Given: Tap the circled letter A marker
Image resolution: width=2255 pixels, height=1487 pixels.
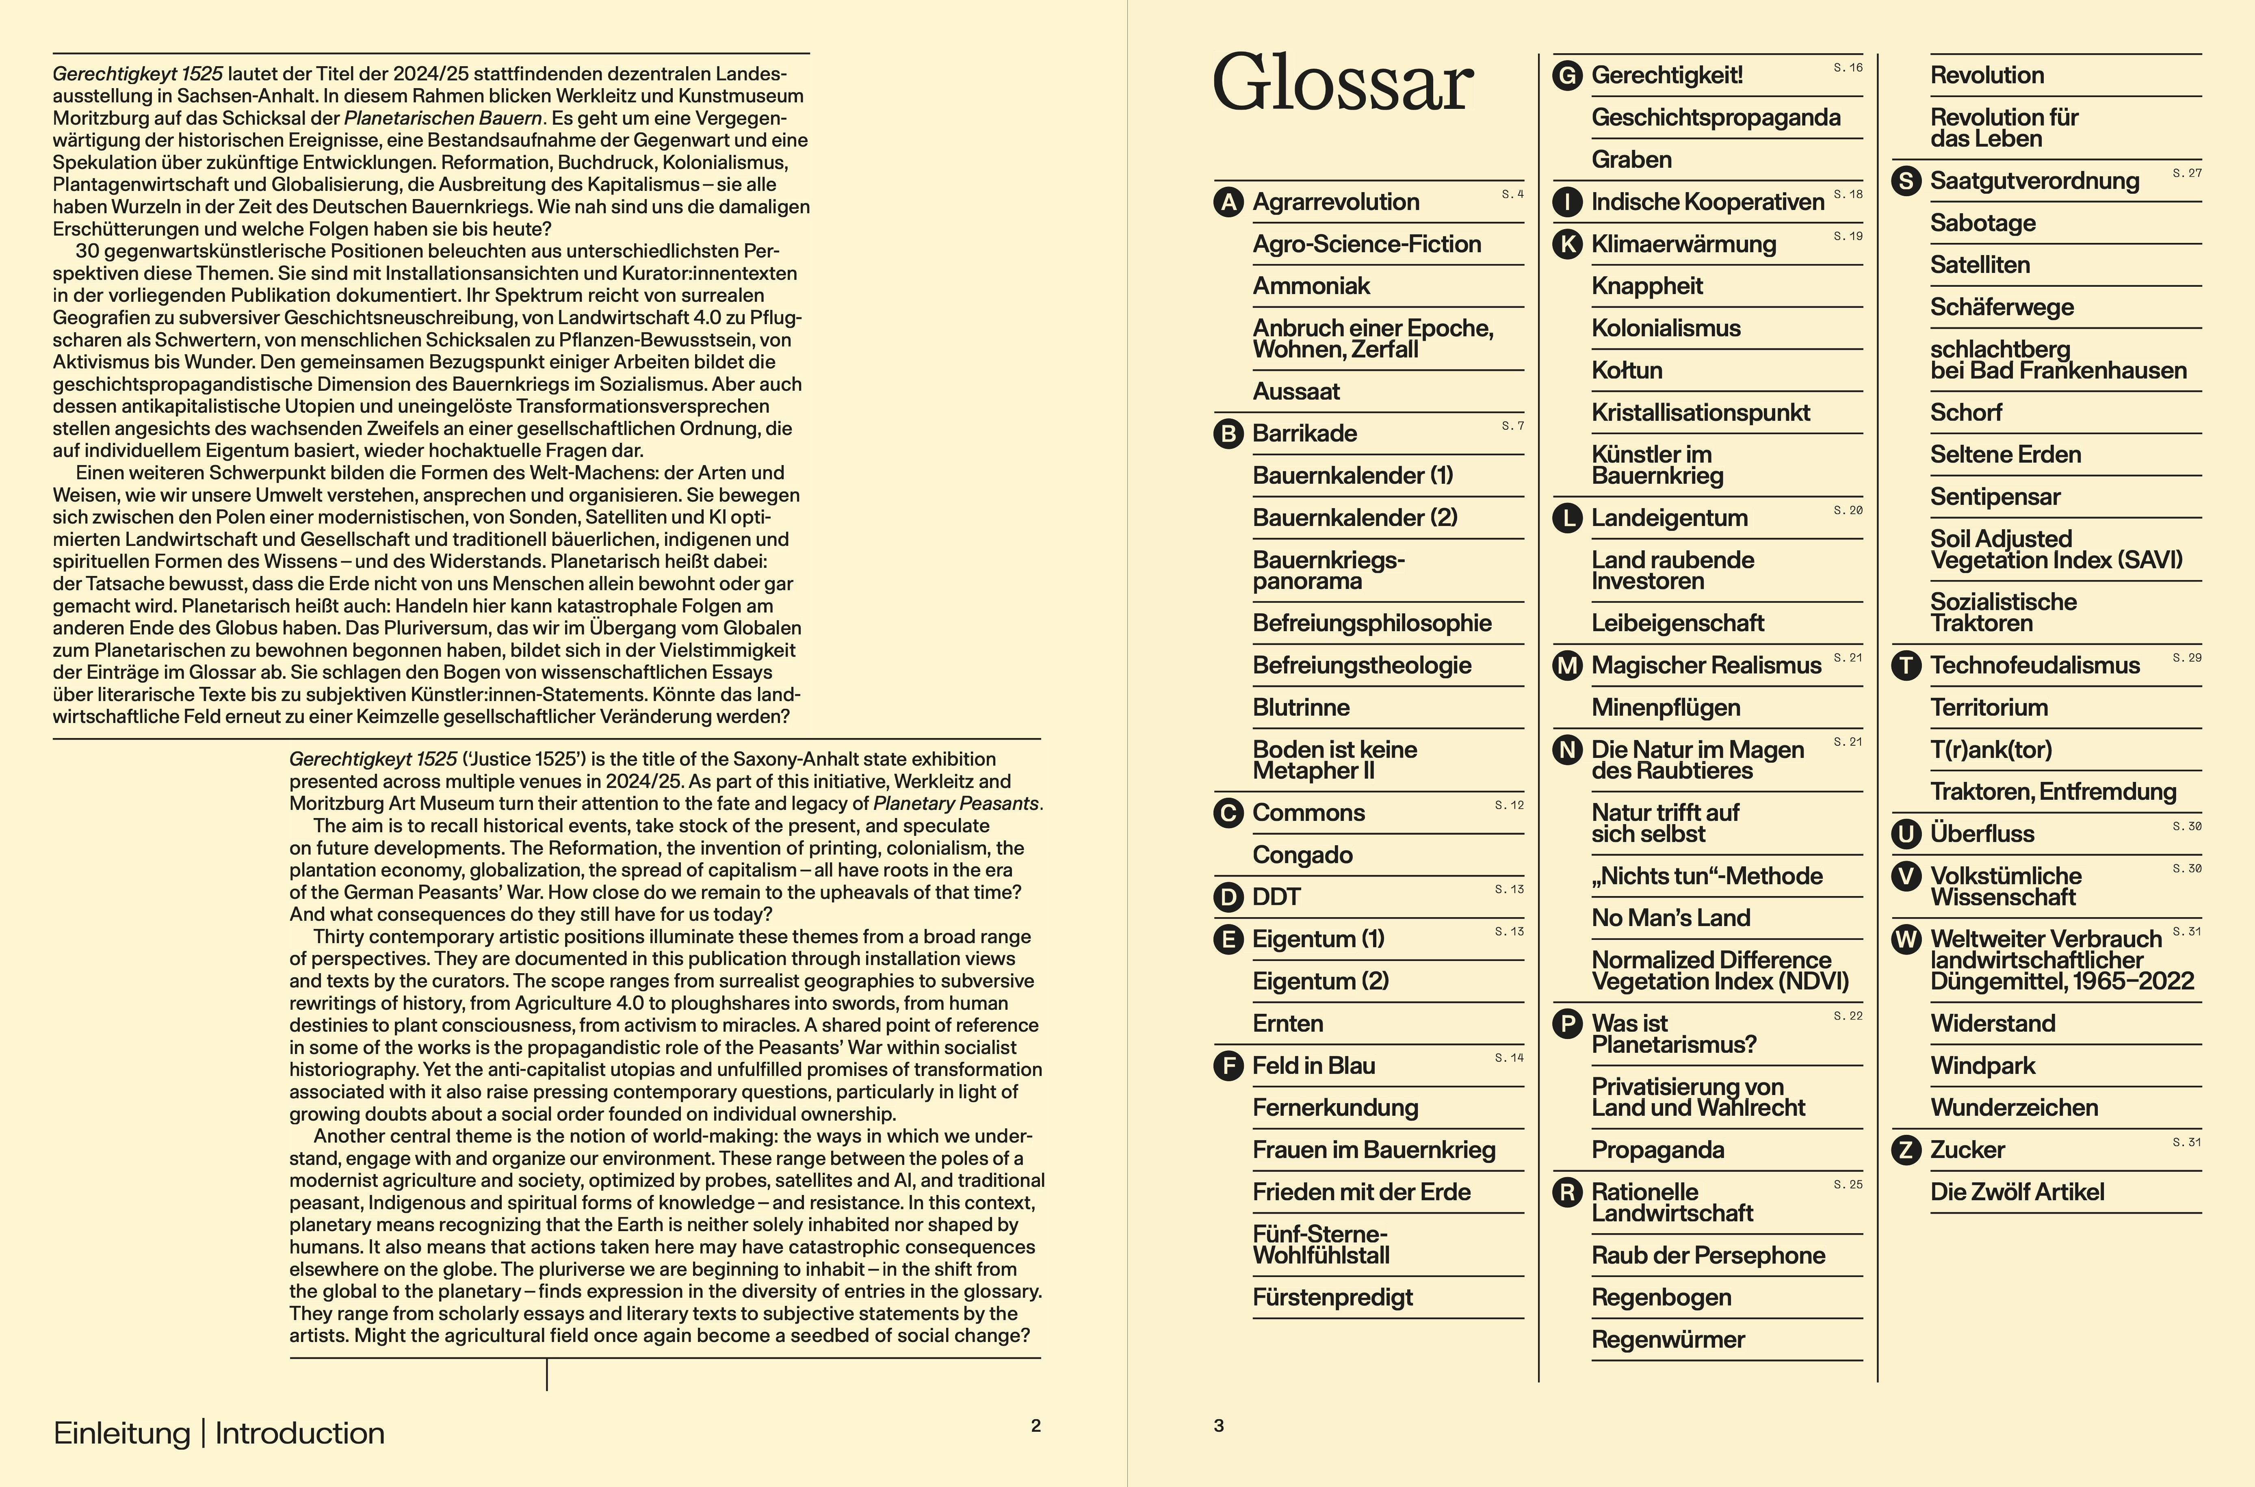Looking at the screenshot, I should [1228, 202].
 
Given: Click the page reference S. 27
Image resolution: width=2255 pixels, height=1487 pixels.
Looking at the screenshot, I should [2187, 173].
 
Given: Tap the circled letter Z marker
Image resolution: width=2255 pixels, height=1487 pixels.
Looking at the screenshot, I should [1906, 1150].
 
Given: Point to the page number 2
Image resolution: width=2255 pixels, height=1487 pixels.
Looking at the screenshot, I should [1035, 1425].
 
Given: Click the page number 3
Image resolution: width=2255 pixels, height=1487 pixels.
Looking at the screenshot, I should [1219, 1425].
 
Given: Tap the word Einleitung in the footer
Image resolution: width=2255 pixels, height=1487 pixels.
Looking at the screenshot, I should [121, 1433].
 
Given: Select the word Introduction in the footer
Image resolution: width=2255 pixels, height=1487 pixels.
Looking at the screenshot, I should [300, 1433].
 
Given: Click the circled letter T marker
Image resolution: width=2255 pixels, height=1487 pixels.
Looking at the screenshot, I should [1906, 666].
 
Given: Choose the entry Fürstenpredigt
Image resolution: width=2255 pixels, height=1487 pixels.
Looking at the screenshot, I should [1332, 1297].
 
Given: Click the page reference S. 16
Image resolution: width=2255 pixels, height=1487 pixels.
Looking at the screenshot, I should [1847, 67].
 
